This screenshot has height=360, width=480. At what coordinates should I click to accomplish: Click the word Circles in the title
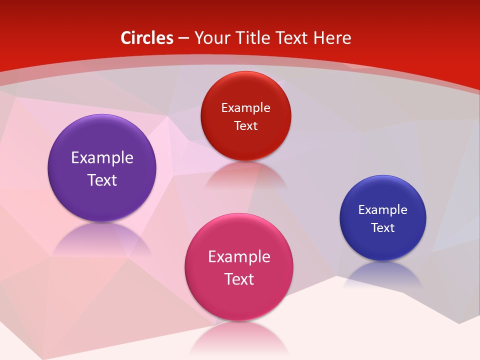point(147,38)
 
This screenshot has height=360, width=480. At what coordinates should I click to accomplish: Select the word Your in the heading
point(212,38)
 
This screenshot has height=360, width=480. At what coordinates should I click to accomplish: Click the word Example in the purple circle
point(102,157)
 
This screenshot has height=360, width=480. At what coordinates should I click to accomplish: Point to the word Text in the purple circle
point(102,180)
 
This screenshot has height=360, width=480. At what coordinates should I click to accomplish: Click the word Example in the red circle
point(245,107)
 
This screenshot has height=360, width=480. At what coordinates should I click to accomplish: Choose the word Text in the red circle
point(245,125)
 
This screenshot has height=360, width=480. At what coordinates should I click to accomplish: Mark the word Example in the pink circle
point(239,256)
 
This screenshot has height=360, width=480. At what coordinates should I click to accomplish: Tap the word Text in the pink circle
point(239,279)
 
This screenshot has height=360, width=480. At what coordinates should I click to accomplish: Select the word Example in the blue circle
point(383,209)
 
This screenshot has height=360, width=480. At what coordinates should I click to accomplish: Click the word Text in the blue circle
point(383,227)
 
